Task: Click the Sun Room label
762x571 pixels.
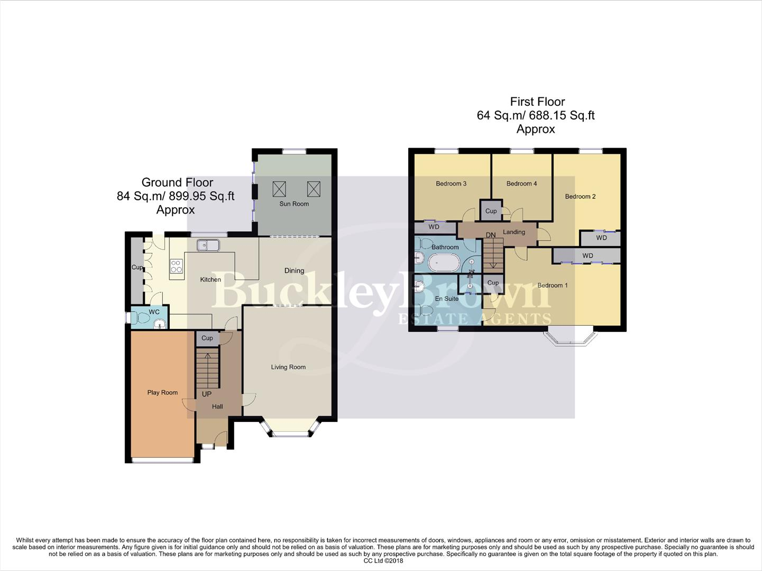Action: click(294, 204)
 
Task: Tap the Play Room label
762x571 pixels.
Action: click(162, 392)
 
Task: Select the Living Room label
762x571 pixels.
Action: click(288, 367)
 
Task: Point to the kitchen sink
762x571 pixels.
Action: click(208, 245)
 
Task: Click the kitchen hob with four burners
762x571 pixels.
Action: click(176, 266)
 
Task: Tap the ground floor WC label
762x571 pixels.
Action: click(154, 312)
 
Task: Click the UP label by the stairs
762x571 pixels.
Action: click(207, 394)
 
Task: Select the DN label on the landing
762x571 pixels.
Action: click(491, 235)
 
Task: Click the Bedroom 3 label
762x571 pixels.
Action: click(451, 183)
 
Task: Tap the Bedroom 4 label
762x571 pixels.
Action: click(521, 183)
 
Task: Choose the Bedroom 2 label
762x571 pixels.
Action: click(580, 196)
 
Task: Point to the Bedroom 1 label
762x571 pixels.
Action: click(553, 285)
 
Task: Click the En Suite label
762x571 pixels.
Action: click(447, 299)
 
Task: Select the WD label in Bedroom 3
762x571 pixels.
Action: click(434, 227)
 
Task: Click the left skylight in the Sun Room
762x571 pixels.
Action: click(279, 188)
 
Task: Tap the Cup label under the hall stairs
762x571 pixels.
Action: click(207, 338)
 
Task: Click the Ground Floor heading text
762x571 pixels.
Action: click(177, 182)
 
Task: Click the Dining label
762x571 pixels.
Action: click(294, 271)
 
